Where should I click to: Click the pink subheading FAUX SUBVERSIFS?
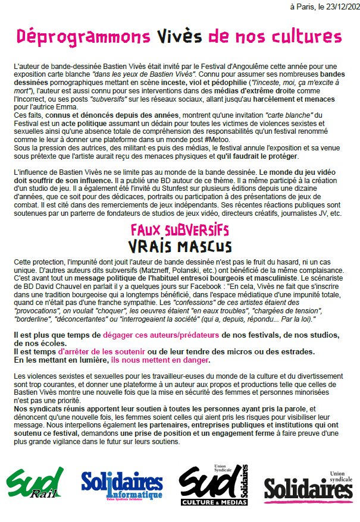point(180,229)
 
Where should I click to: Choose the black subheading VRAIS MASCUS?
point(180,245)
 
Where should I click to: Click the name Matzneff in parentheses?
point(208,269)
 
